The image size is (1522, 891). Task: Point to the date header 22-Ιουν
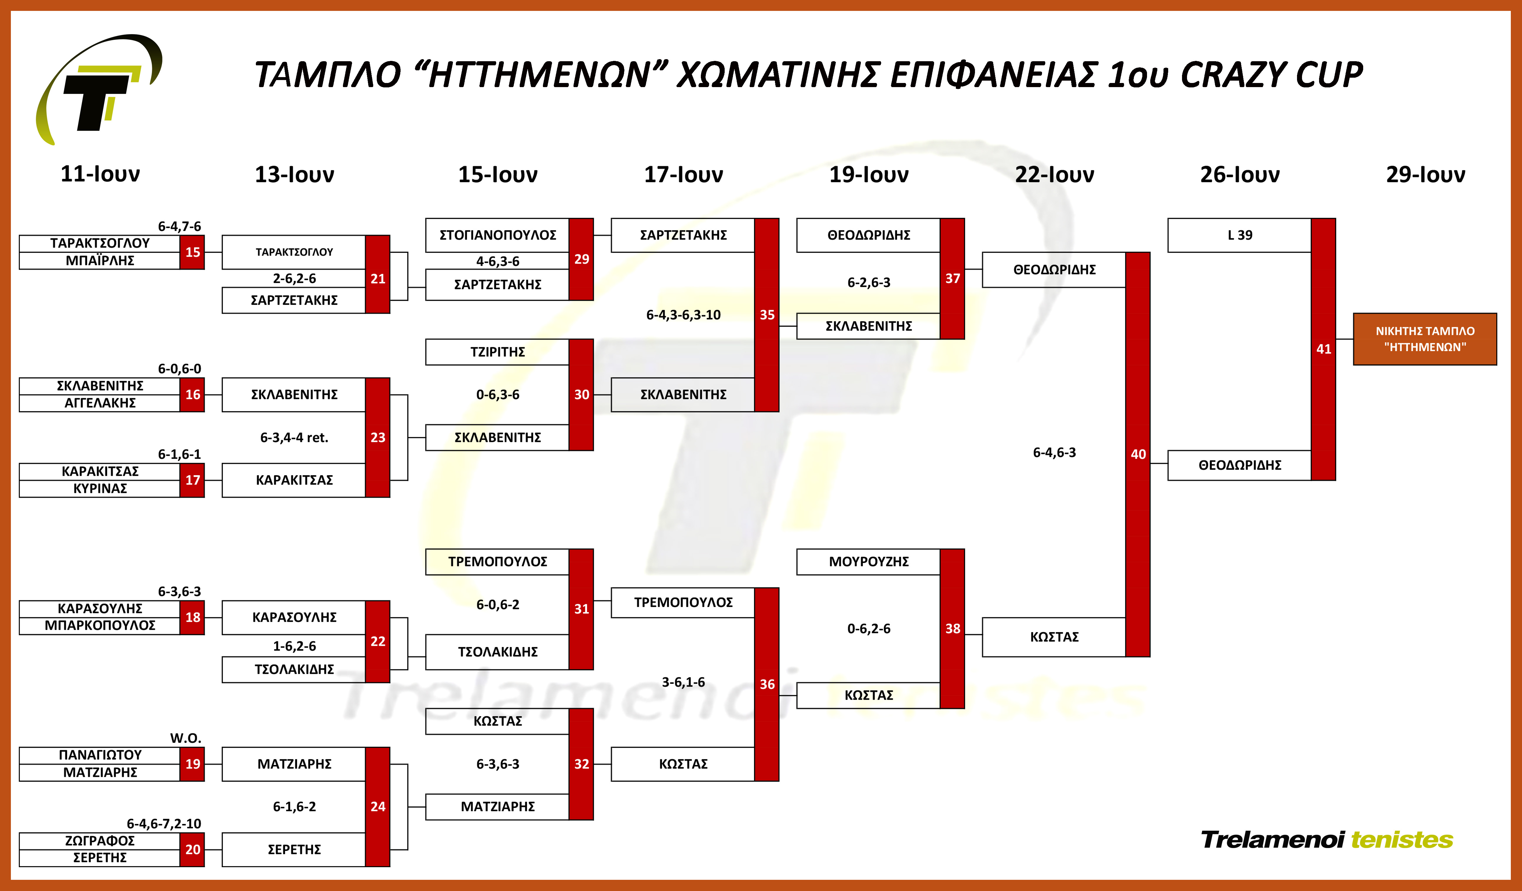(x=1054, y=174)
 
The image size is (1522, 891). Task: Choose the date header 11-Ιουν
(x=100, y=174)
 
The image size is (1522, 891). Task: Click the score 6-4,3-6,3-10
(x=683, y=315)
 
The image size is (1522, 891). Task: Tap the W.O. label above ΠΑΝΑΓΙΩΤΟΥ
(x=185, y=738)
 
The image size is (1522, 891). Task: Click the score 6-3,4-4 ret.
(x=294, y=437)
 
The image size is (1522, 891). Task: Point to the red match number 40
(x=1138, y=454)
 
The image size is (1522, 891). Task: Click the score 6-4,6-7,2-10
(x=164, y=823)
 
